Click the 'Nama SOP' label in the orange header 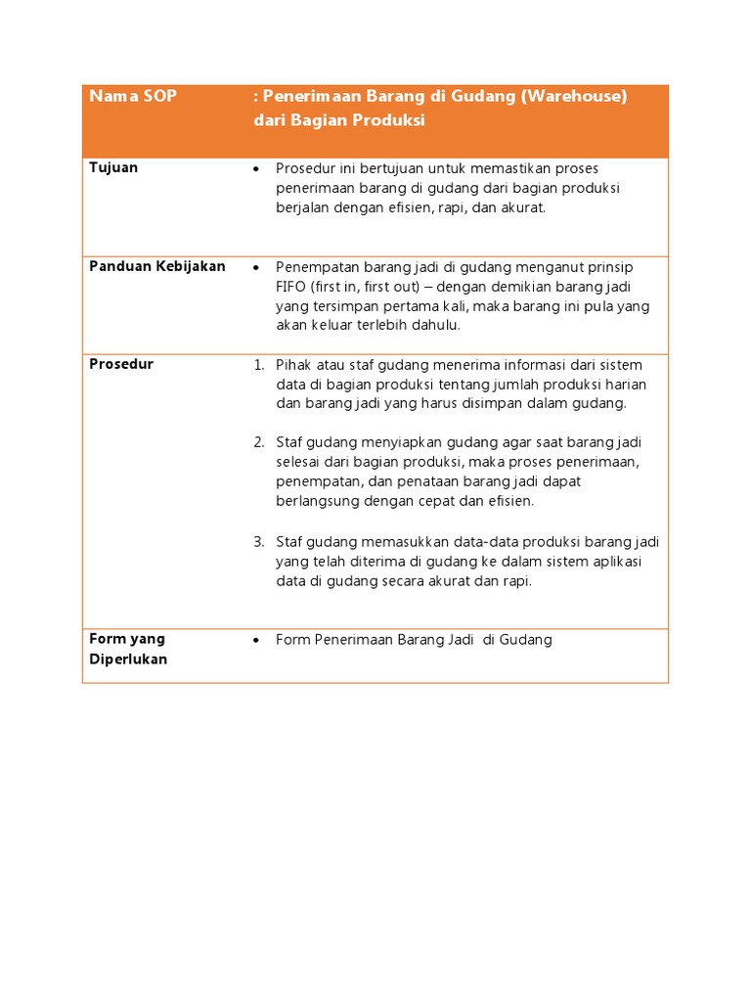(133, 97)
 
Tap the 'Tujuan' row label (113, 167)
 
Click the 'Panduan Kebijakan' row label (157, 266)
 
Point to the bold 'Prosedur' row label (121, 364)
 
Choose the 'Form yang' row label (127, 639)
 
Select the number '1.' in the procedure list (259, 365)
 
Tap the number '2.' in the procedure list (259, 442)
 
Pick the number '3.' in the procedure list (259, 541)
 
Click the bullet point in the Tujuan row (256, 169)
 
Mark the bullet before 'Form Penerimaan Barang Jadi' (256, 641)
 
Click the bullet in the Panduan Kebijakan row (256, 268)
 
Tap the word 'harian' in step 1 (626, 384)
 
